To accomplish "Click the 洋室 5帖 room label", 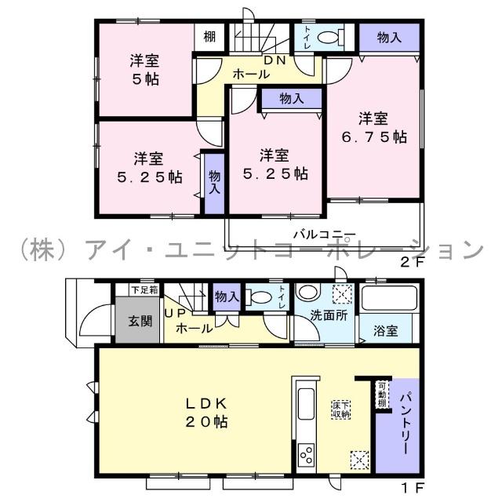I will tap(146, 68).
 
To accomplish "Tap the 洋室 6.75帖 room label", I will tap(374, 128).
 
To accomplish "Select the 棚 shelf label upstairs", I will tap(209, 36).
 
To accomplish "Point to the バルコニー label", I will tap(325, 234).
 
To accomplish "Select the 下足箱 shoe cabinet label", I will tap(144, 290).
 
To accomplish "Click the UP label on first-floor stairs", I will tap(174, 313).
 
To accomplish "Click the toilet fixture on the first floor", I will tap(259, 296).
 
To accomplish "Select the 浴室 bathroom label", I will tap(385, 331).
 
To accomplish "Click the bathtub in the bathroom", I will tap(390, 300).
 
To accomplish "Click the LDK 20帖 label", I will tap(206, 412).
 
